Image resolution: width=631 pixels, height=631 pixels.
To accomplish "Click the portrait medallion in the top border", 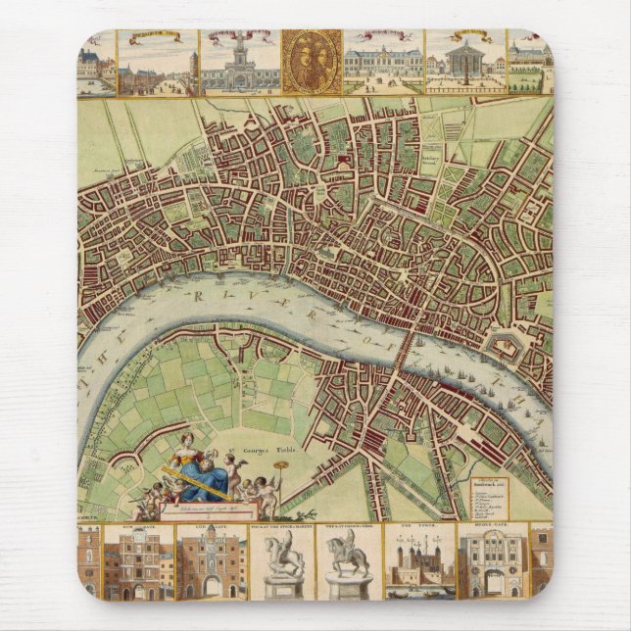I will [x=312, y=61].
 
